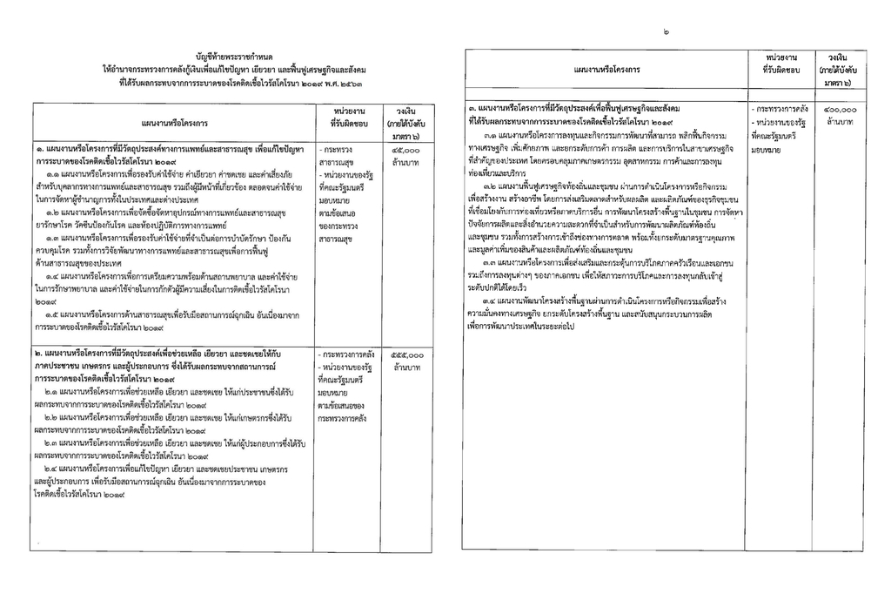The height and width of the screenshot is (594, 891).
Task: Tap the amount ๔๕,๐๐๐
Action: click(x=405, y=151)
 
